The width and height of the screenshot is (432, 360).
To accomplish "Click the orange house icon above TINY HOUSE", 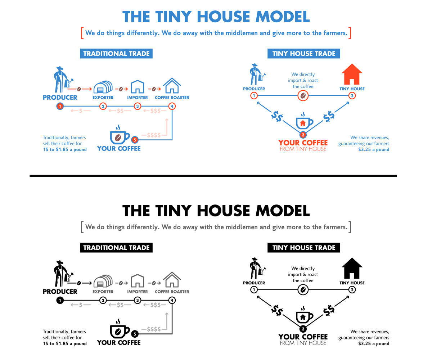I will [x=352, y=75].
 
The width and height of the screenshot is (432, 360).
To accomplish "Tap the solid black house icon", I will [x=352, y=269].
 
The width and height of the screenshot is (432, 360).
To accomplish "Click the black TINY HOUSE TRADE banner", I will [x=304, y=248].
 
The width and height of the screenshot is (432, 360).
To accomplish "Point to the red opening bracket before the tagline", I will [x=82, y=33].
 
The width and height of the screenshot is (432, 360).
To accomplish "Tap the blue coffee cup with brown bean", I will [x=118, y=136].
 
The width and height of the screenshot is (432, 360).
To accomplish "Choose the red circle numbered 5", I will [x=135, y=140].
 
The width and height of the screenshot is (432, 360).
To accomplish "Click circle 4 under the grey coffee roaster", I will [x=172, y=300].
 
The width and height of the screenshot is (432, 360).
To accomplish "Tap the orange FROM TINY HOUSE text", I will [x=303, y=149].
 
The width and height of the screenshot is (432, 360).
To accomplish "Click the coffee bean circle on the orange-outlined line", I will [x=303, y=96].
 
